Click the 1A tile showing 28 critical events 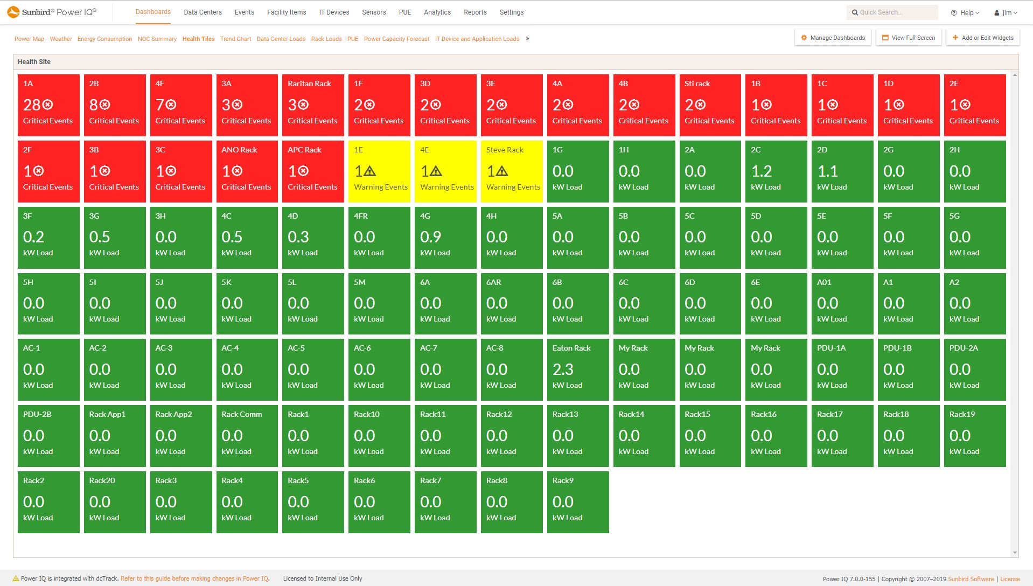click(x=48, y=105)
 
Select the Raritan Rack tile click(x=313, y=105)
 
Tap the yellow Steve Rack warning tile click(x=512, y=171)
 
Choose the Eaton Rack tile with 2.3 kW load click(x=578, y=369)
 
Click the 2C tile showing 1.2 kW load click(x=776, y=171)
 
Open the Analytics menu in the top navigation click(x=437, y=12)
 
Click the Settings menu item click(x=511, y=12)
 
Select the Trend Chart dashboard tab click(x=235, y=39)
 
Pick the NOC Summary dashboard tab click(x=157, y=39)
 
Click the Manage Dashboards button click(x=833, y=38)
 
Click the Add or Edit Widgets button click(x=982, y=38)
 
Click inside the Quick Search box click(x=894, y=12)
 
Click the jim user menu click(x=1006, y=13)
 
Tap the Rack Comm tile click(x=247, y=436)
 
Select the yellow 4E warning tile click(x=445, y=171)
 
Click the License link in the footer click(x=1010, y=579)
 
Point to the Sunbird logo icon click(x=13, y=12)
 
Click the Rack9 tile click(x=578, y=502)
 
